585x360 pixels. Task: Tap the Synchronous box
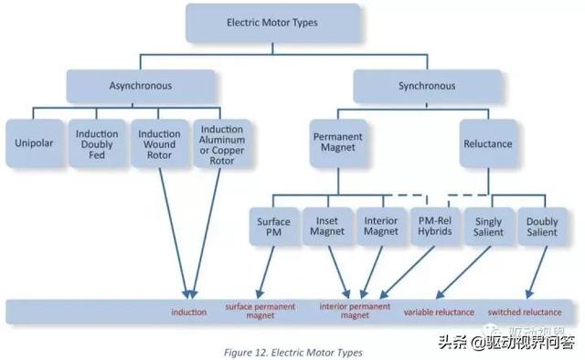426,87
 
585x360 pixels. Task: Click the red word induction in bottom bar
189,312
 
